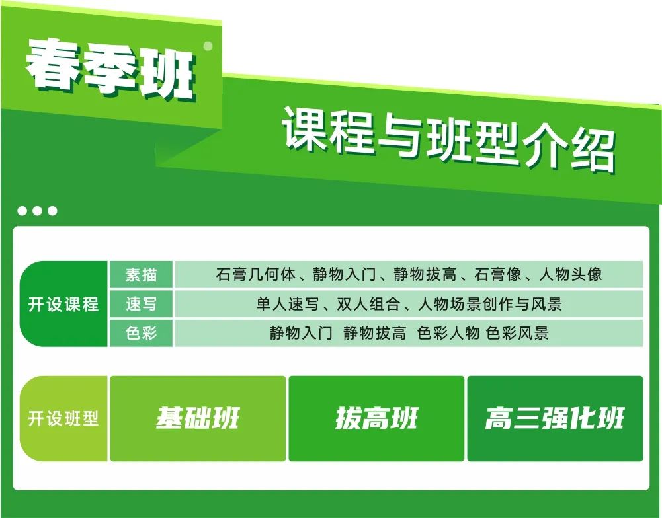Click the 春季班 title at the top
111,71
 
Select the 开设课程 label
63,305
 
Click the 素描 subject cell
142,274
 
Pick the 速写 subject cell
142,304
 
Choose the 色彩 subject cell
142,333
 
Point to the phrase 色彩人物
448,333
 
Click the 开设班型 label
63,419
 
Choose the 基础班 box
198,419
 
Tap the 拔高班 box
376,419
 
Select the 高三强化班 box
555,419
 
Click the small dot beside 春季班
208,46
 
